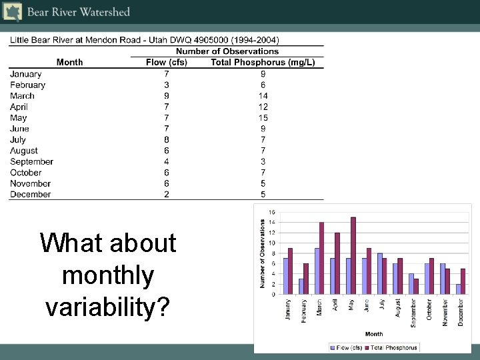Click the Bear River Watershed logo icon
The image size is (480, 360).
point(11,11)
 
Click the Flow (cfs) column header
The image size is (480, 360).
point(167,63)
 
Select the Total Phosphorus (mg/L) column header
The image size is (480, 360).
point(263,63)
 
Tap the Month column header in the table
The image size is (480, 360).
point(70,63)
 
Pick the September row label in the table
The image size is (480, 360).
point(31,161)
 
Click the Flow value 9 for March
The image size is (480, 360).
point(167,96)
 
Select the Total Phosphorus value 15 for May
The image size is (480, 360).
point(263,118)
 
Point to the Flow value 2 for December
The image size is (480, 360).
point(167,195)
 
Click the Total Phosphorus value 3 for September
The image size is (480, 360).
point(263,161)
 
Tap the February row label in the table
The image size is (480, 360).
point(28,85)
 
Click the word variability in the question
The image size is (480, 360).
point(108,307)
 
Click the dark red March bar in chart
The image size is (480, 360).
point(321,258)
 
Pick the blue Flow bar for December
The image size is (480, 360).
point(458,289)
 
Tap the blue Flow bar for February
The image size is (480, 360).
point(301,286)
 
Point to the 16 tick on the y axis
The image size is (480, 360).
point(271,212)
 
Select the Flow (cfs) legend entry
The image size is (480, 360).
point(349,347)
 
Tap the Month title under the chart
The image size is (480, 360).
point(374,333)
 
